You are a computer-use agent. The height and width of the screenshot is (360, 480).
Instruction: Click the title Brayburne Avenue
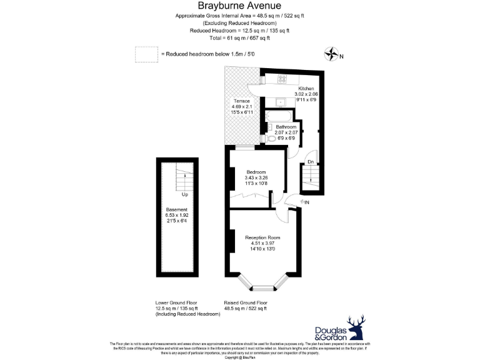[240, 6]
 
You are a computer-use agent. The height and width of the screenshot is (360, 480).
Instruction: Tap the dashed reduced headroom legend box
[146, 54]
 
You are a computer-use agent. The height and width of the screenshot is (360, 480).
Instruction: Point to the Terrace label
[241, 101]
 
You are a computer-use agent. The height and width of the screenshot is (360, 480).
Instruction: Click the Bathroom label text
[286, 127]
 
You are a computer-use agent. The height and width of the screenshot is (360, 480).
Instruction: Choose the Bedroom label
[256, 172]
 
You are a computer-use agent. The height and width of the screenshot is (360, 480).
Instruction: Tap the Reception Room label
[262, 237]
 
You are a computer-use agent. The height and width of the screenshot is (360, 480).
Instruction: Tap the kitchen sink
[281, 101]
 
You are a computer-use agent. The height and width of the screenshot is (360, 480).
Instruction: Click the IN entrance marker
[306, 202]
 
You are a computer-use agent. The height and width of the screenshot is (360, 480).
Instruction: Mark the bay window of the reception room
[262, 287]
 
